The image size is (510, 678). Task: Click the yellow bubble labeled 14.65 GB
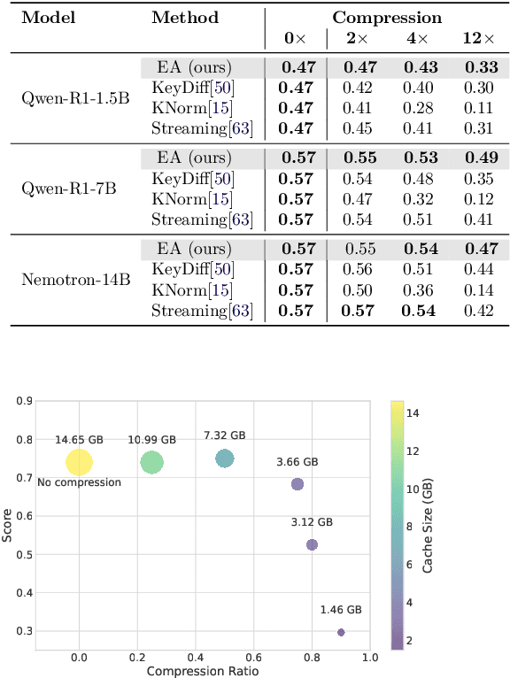click(x=80, y=462)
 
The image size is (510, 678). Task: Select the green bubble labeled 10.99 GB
click(x=152, y=462)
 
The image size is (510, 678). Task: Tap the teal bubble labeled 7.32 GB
click(x=225, y=458)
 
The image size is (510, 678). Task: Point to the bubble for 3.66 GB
click(x=297, y=484)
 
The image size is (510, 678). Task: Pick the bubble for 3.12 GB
click(x=312, y=544)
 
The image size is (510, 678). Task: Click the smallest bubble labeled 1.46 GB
click(x=341, y=632)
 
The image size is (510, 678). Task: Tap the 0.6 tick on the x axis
click(x=254, y=658)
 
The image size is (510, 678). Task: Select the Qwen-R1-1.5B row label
click(x=75, y=97)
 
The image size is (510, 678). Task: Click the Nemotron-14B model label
click(x=76, y=280)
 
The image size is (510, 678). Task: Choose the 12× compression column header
click(x=477, y=38)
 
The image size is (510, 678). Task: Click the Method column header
click(x=185, y=17)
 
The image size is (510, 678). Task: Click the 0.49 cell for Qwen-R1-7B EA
click(x=477, y=158)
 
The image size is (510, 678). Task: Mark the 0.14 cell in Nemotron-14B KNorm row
click(x=477, y=290)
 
